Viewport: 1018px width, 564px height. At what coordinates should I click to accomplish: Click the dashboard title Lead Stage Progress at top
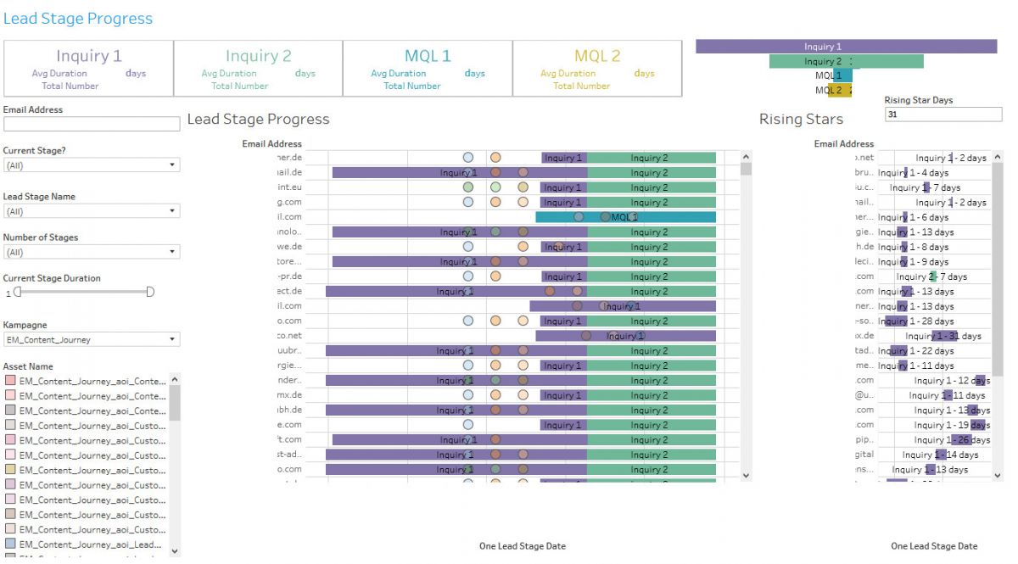coord(78,19)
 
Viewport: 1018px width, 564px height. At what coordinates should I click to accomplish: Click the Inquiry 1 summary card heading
coord(89,56)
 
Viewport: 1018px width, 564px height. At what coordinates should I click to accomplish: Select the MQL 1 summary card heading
coord(428,56)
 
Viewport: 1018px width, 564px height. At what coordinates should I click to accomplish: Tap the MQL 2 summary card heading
coord(597,56)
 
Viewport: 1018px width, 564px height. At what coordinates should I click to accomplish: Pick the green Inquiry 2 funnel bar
coord(846,61)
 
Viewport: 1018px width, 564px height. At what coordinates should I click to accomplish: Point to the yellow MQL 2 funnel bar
coord(839,90)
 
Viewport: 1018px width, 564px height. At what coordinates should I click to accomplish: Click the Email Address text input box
coord(92,124)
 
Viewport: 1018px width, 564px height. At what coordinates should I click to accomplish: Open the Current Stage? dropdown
coord(92,165)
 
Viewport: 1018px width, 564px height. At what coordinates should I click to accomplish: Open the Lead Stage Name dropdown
coord(92,211)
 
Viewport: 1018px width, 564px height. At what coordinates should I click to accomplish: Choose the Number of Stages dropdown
coord(92,252)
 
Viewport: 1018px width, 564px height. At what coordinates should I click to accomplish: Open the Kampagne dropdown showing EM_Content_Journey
coord(92,340)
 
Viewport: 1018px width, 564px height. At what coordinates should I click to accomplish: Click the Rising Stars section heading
coord(801,120)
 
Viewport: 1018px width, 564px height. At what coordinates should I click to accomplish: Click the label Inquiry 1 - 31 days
coord(942,336)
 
